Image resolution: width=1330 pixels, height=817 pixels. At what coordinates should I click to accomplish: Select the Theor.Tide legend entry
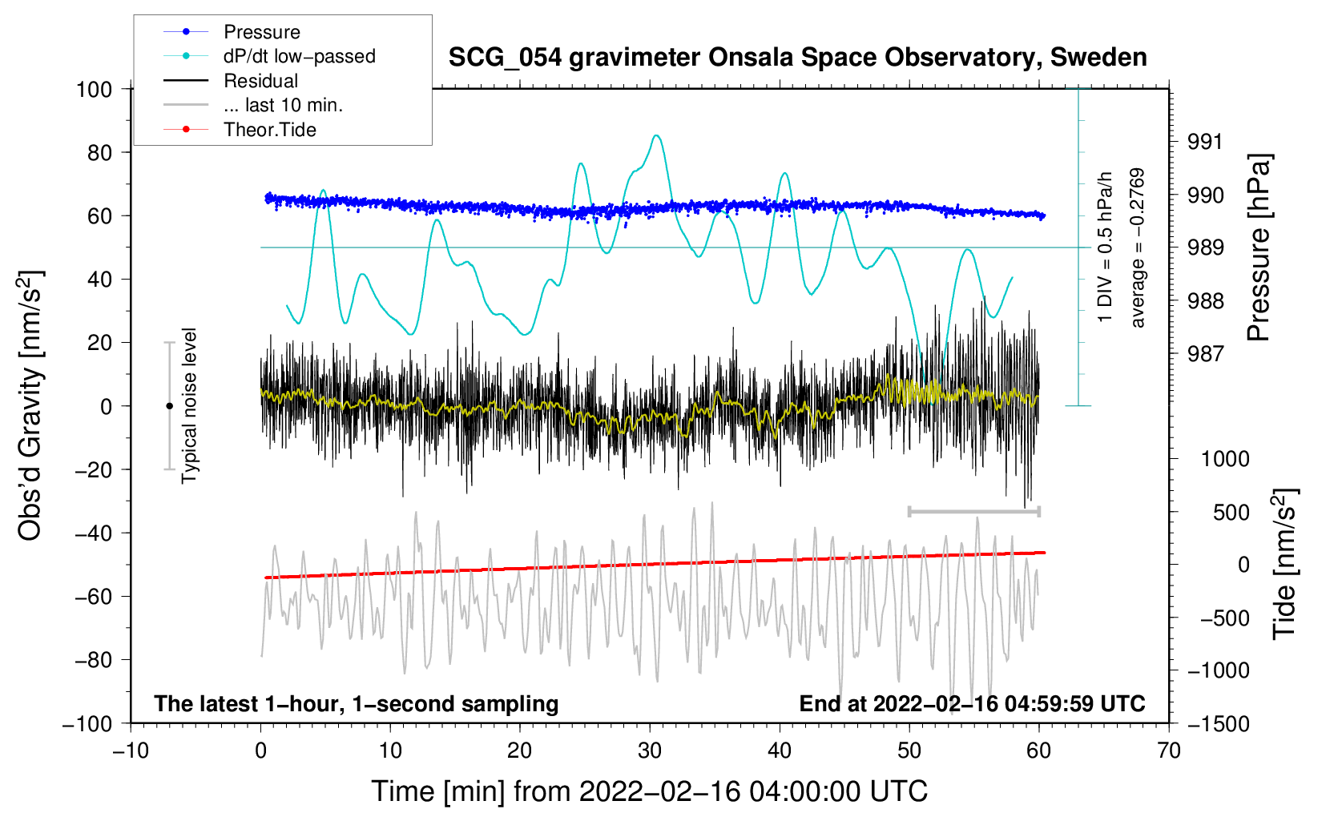[269, 130]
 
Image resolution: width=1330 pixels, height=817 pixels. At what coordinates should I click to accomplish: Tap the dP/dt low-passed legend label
[299, 56]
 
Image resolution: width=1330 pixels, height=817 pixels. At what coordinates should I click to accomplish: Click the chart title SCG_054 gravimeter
[797, 58]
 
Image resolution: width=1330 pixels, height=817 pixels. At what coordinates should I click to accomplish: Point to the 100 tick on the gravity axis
[94, 89]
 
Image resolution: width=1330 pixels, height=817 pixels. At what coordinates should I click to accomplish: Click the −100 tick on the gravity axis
[87, 723]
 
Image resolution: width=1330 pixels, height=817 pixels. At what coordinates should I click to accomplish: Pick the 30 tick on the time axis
[650, 751]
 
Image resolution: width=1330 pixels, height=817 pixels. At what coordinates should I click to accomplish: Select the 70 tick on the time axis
[1169, 751]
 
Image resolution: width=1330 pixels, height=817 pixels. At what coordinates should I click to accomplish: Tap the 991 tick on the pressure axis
[1205, 142]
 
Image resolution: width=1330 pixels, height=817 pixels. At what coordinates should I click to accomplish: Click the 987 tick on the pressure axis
[1205, 353]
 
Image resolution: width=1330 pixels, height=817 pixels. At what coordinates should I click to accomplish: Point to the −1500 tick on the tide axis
[1218, 723]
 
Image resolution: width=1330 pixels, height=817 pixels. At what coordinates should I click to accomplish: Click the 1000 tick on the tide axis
[1224, 459]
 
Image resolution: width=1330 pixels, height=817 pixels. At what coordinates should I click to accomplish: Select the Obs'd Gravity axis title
[30, 406]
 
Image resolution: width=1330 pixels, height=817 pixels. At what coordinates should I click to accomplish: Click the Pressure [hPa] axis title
[1259, 248]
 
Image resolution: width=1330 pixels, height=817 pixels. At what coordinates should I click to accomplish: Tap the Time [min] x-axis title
[649, 791]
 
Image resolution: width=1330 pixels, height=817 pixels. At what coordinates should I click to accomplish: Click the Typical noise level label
[189, 405]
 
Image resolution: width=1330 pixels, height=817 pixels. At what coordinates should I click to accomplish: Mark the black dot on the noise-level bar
[169, 406]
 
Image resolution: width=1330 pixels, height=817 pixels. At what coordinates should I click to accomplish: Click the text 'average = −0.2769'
[1138, 248]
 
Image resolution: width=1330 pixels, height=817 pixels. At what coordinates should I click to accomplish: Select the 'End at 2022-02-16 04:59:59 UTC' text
[972, 703]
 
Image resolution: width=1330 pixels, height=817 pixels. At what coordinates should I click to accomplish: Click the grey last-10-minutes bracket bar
[973, 511]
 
